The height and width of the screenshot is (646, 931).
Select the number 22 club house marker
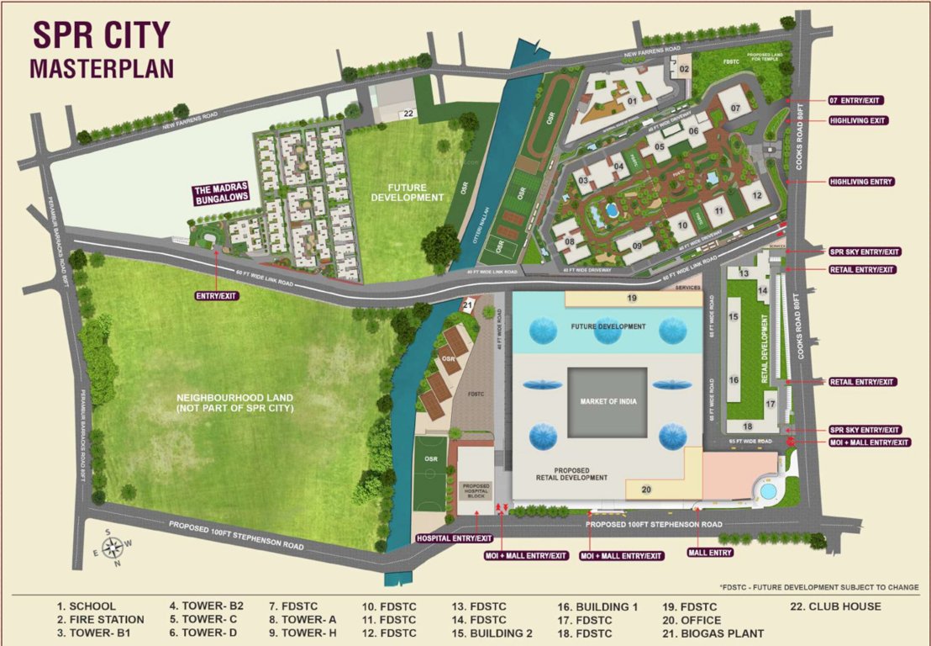(x=408, y=114)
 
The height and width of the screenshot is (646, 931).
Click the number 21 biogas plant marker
(x=468, y=306)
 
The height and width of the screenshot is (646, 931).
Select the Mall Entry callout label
(x=710, y=553)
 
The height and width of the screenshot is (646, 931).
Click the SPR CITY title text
(x=101, y=35)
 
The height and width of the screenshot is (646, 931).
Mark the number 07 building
(x=734, y=108)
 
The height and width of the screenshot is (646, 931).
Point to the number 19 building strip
(x=633, y=299)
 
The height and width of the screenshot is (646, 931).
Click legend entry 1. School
(x=87, y=606)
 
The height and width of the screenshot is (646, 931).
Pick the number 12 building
(x=756, y=195)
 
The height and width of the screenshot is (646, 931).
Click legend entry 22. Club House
(x=835, y=606)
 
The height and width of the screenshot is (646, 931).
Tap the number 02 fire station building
(x=683, y=68)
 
